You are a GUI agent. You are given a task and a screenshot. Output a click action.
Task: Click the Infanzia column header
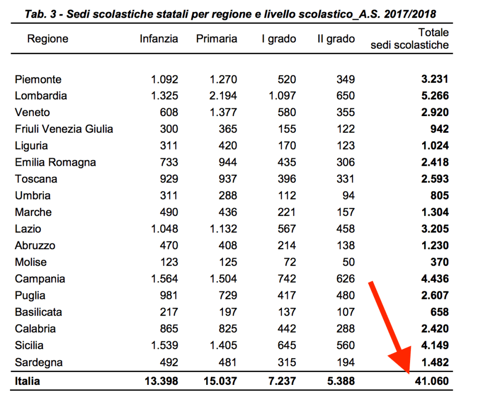[x=158, y=39]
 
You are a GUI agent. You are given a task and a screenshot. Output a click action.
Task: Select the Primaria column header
[x=216, y=39]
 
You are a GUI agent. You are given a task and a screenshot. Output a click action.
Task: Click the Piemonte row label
[x=38, y=79]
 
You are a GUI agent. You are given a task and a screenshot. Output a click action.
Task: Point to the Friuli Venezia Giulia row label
[x=64, y=129]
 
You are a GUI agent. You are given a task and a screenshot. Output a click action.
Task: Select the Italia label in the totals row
[x=27, y=381]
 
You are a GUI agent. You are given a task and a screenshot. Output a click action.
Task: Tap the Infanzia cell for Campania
[x=164, y=279]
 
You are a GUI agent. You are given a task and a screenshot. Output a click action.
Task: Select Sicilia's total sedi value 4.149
[x=435, y=346]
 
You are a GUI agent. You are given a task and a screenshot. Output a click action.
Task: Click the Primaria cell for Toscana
[x=227, y=179]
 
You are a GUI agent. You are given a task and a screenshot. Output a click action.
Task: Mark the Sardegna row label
[x=39, y=362]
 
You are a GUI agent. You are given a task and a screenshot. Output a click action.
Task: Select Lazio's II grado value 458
[x=345, y=229]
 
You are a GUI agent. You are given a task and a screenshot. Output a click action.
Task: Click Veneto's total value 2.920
[x=435, y=113]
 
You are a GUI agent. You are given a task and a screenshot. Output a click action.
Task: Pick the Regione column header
[x=48, y=39]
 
